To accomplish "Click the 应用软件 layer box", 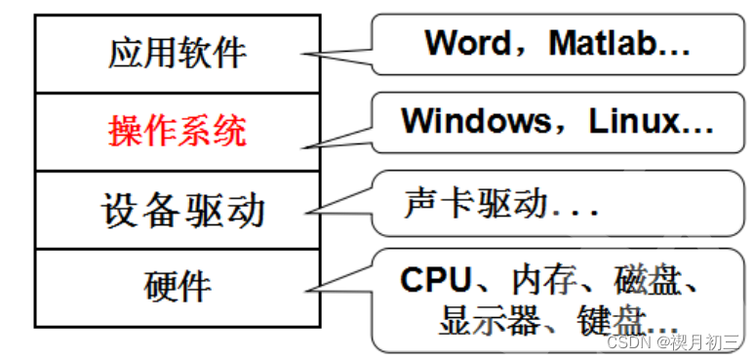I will coord(178,54).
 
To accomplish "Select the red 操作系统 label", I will coord(178,131).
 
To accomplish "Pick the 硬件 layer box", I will coord(178,287).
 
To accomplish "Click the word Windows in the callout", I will coord(477,122).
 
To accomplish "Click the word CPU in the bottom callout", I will coord(435,281).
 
